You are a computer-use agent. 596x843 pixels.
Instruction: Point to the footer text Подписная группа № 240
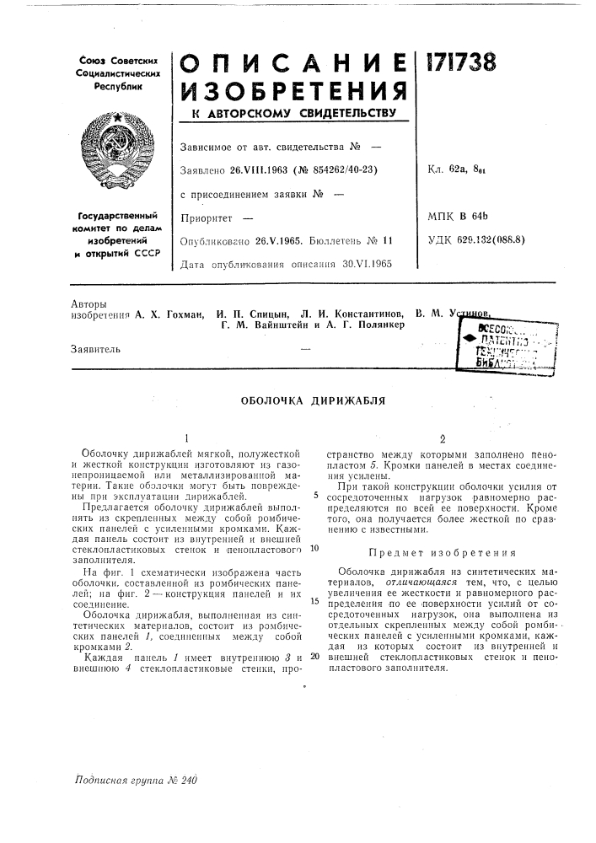point(135,781)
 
